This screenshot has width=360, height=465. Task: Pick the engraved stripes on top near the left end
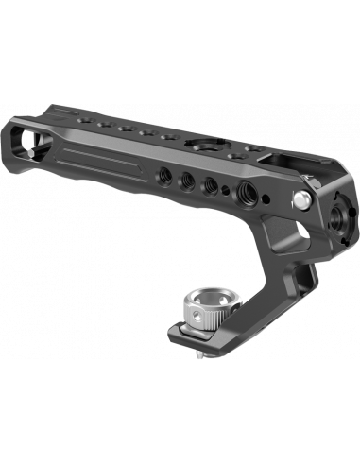click(71, 119)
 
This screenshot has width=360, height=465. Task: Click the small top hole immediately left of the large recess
click(170, 139)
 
